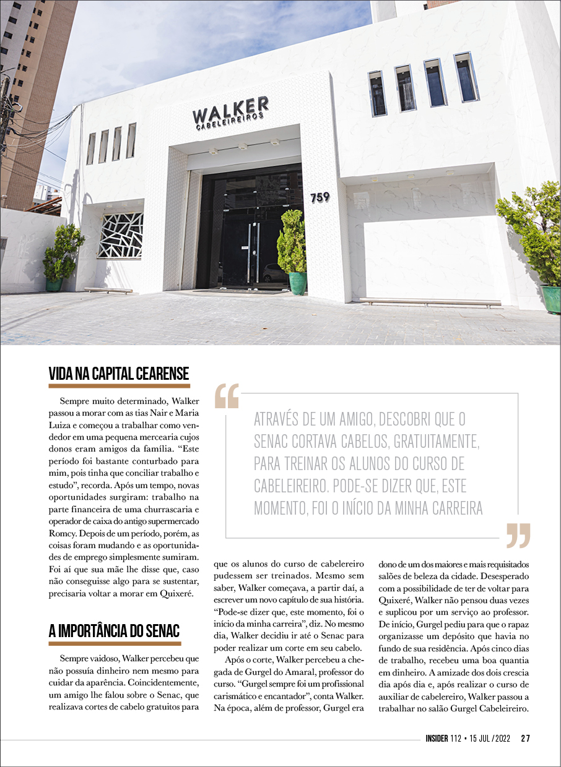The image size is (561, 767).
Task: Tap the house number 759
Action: [320, 197]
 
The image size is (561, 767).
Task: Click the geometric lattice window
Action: [120, 235]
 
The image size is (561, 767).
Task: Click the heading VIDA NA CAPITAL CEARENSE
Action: [119, 374]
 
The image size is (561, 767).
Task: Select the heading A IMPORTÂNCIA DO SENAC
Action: [114, 631]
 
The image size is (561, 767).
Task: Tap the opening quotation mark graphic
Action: [226, 396]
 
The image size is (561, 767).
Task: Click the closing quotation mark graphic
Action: [518, 536]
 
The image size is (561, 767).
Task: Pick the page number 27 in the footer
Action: [525, 738]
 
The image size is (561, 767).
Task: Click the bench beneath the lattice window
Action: [108, 289]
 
